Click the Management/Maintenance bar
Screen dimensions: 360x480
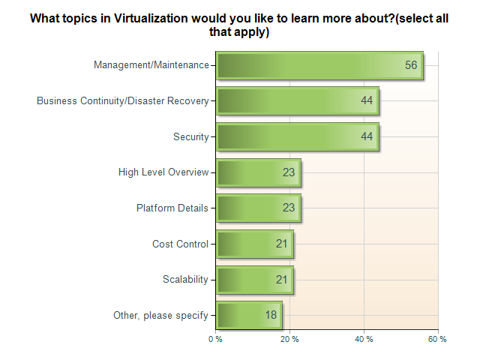coord(319,65)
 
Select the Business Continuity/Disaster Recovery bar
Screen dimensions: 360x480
coord(298,101)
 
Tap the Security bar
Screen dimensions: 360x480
coord(298,136)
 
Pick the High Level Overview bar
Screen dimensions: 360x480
coord(259,172)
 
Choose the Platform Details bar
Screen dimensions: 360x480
coord(259,208)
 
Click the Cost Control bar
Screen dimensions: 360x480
coord(255,244)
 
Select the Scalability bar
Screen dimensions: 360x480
coord(255,280)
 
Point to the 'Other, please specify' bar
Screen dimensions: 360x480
coord(249,315)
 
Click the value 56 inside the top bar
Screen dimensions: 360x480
coord(411,65)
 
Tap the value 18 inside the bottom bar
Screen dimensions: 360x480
coord(271,315)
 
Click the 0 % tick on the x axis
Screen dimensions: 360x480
coord(216,340)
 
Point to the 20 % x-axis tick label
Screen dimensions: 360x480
coord(290,340)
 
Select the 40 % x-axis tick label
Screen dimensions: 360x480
coord(364,340)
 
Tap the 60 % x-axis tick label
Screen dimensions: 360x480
coord(438,340)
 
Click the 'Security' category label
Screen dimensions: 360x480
coord(190,136)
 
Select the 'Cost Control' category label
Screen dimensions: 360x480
coord(180,244)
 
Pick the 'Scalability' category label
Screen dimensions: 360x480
coord(185,280)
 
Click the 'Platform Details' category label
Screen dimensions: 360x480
coord(172,208)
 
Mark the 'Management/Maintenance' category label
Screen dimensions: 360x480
coord(151,65)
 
